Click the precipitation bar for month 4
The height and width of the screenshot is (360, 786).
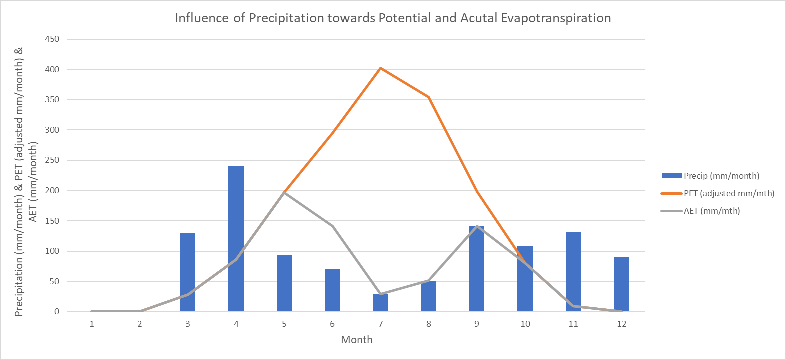tap(236, 239)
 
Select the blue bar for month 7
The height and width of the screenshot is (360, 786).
tap(380, 303)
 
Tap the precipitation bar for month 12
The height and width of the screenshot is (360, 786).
tap(621, 284)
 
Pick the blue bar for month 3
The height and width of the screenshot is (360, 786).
tap(188, 272)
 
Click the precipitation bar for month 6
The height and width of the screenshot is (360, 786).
tap(332, 290)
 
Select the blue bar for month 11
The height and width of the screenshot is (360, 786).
tap(573, 272)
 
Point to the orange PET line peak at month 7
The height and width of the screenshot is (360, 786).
tap(380, 68)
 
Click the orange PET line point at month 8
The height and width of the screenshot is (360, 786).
tap(429, 97)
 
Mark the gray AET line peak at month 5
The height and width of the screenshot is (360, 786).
tap(284, 193)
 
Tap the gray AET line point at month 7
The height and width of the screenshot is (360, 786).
tap(380, 294)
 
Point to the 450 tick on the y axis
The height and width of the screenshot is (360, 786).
tap(52, 39)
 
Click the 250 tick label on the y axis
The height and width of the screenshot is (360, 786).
tap(52, 160)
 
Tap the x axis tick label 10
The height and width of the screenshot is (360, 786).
tap(525, 324)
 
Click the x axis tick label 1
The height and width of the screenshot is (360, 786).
tap(92, 324)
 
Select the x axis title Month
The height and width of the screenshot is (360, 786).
tap(356, 340)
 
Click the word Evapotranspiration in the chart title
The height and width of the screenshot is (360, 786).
tap(556, 18)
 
